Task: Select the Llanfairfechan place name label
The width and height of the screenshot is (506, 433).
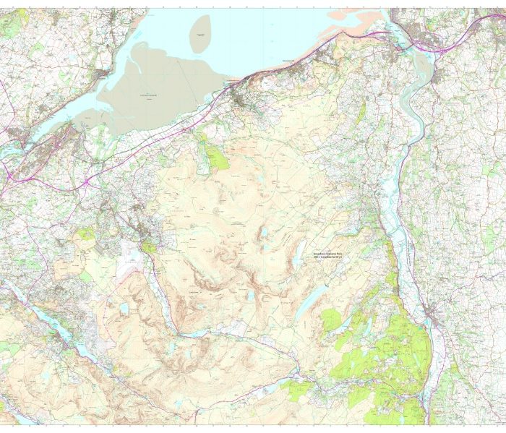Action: pos(233,81)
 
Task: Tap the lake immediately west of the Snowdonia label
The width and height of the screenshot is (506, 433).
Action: pos(297,252)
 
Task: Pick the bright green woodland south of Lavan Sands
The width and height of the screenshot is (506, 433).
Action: pos(213,154)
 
